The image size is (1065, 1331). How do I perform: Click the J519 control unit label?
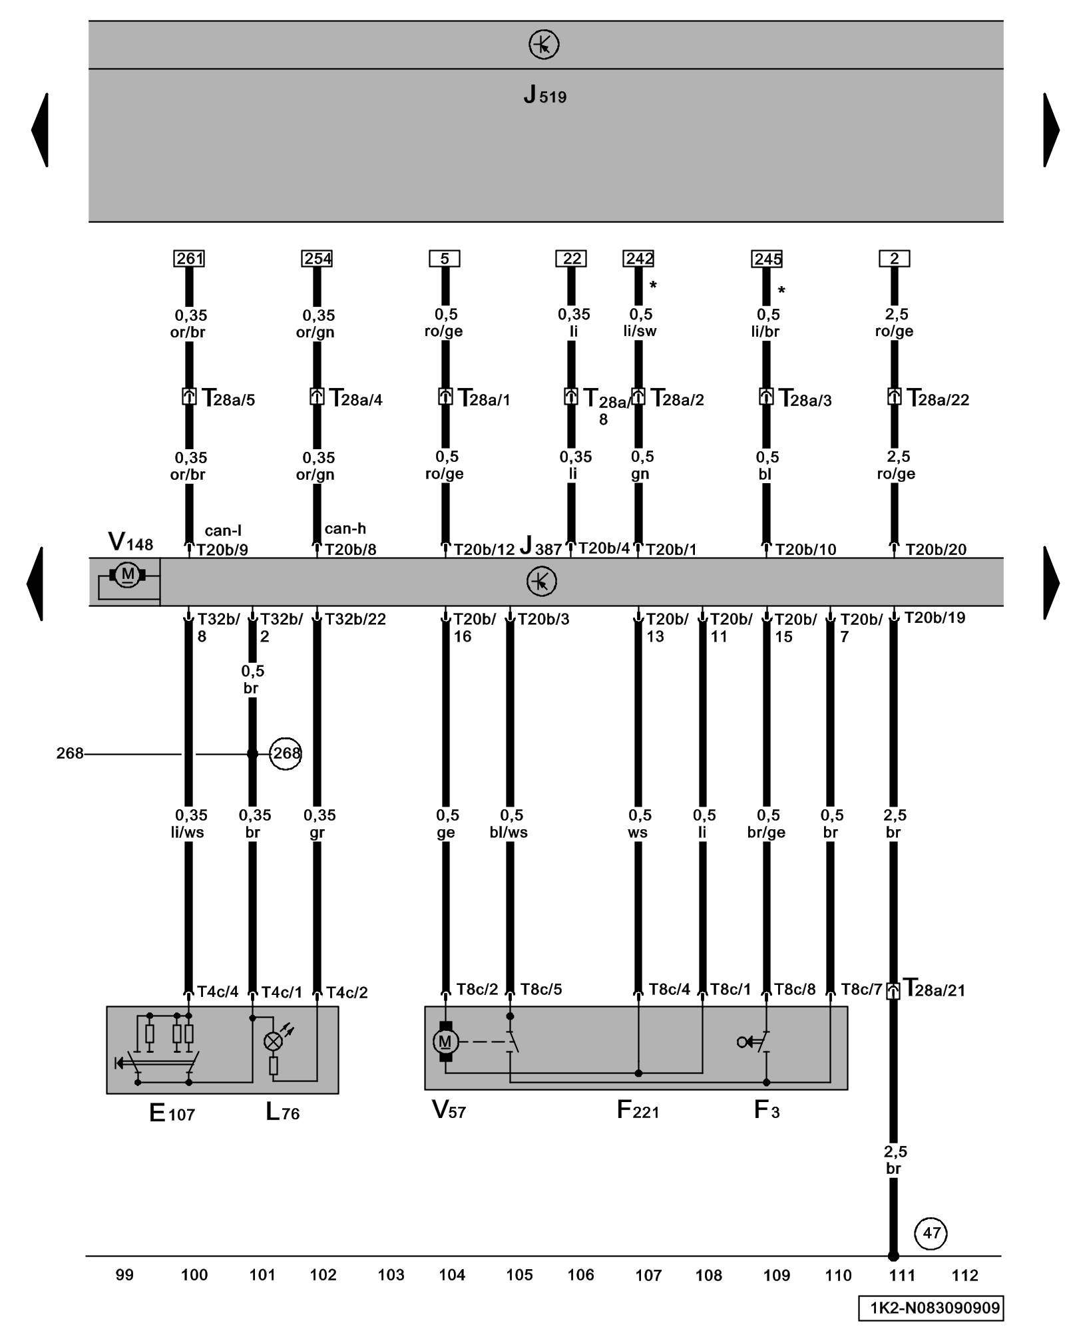[544, 95]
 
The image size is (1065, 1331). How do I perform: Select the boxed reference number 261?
[189, 258]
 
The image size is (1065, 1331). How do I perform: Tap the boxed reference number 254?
[317, 258]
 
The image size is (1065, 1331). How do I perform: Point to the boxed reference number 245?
[767, 258]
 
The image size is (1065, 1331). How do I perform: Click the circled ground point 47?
[931, 1233]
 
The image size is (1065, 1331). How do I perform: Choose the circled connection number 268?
[286, 753]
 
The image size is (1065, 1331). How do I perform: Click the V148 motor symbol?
[127, 574]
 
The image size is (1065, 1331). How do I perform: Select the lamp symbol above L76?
[274, 1042]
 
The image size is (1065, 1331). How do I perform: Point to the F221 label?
[637, 1109]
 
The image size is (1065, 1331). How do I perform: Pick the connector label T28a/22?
[937, 399]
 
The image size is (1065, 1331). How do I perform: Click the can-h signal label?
[345, 528]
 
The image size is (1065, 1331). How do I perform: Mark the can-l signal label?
[223, 530]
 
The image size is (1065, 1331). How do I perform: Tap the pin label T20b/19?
[934, 618]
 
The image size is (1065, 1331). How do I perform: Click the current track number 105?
[519, 1274]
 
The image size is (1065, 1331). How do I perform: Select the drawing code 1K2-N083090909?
[931, 1308]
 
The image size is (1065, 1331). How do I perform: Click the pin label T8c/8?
[795, 990]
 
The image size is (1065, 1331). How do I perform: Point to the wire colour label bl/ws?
[509, 832]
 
